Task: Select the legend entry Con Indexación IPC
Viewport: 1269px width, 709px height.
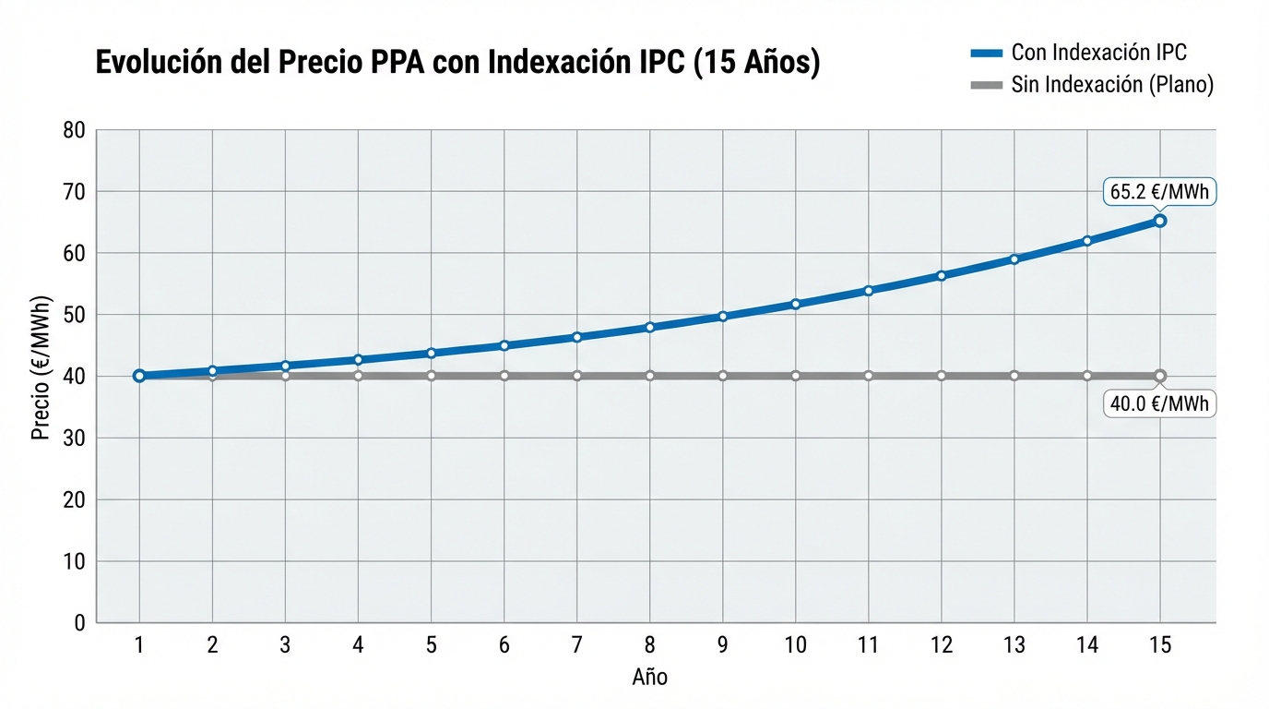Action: tap(1079, 53)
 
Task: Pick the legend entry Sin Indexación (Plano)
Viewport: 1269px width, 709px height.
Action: tap(1092, 85)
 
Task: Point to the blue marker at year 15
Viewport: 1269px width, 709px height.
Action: tap(1160, 221)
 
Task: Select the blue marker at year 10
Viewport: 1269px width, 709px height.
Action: tap(795, 304)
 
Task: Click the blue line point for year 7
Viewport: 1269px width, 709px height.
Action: tap(576, 337)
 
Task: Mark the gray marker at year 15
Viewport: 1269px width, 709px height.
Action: tap(1160, 376)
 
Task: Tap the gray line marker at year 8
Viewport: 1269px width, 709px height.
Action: tap(649, 376)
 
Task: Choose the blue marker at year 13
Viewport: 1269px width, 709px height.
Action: tap(1014, 259)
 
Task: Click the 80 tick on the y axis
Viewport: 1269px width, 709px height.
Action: tap(75, 131)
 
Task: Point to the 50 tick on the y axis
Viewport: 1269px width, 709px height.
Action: tap(75, 315)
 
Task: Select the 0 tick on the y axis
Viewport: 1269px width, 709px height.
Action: tap(79, 623)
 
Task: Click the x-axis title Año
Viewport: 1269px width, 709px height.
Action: tap(649, 678)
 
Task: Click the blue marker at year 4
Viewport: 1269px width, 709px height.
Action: tap(358, 360)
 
